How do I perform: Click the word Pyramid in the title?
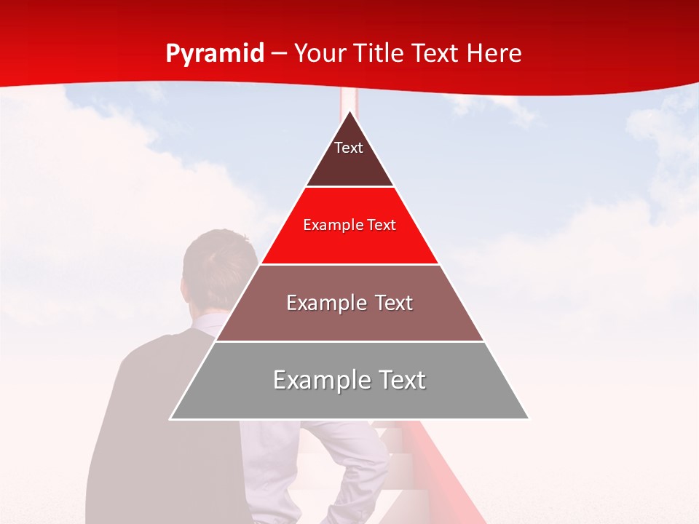(215, 54)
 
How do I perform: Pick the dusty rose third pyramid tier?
(349, 320)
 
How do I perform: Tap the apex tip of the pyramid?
(349, 113)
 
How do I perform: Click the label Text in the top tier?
(349, 148)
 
